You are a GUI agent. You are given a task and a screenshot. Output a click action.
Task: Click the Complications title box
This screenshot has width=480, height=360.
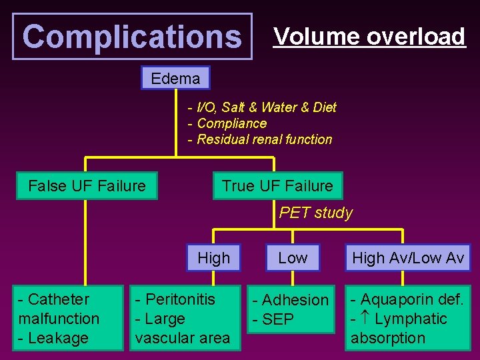click(132, 37)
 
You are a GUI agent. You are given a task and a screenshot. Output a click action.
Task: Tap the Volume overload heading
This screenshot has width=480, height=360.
click(369, 37)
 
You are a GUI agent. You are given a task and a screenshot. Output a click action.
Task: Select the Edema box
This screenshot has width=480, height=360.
click(175, 79)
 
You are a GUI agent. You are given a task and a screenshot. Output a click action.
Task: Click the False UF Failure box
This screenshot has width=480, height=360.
click(87, 185)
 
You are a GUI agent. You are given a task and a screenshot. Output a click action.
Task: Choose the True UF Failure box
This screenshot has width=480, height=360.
click(277, 185)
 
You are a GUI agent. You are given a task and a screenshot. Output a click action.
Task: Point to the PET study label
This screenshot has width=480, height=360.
click(315, 213)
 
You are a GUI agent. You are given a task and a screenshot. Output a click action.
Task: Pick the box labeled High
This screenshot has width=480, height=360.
click(213, 258)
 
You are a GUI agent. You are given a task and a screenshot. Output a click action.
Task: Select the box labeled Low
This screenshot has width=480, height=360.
click(293, 258)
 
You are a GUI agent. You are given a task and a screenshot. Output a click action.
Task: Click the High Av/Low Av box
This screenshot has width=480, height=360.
click(407, 258)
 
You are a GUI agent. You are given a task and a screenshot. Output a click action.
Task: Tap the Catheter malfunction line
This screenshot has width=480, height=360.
click(59, 309)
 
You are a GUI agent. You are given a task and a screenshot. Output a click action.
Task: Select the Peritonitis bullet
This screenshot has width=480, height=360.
click(175, 299)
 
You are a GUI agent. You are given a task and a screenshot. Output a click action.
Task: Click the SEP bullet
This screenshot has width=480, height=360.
click(275, 320)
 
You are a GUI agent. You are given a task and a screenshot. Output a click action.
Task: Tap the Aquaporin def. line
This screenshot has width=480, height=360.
click(407, 299)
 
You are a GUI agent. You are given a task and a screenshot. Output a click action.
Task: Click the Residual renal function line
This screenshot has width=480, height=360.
click(260, 139)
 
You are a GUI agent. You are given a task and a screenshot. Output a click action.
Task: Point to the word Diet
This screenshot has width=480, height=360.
click(323, 107)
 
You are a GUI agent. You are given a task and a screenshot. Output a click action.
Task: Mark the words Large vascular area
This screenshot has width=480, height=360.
click(182, 329)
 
